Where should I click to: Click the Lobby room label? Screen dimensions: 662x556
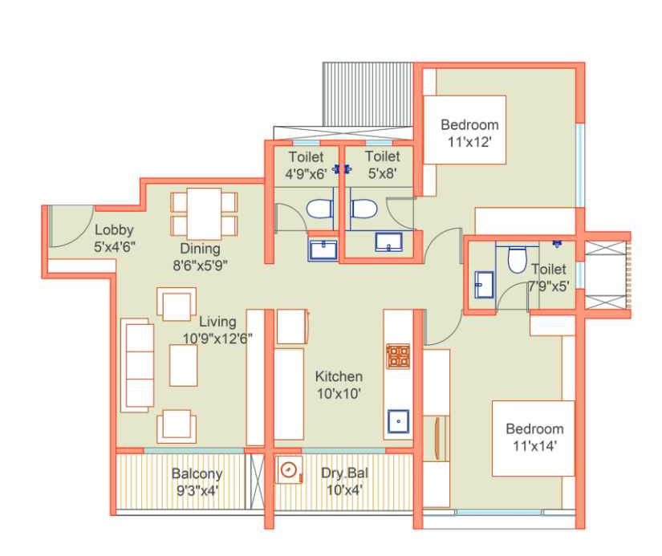click(x=114, y=229)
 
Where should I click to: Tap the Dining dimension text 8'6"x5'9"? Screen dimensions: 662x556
click(x=200, y=266)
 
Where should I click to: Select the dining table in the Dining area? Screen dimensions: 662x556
click(x=204, y=214)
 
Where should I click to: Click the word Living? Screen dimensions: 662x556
click(x=217, y=322)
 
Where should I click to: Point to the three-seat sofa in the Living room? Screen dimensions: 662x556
click(x=137, y=365)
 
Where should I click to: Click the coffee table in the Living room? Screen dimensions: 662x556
click(x=183, y=365)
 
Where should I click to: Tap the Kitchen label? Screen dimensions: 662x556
click(x=339, y=376)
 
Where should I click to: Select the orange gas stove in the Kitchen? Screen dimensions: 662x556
click(x=398, y=356)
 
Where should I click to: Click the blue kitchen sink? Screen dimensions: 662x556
click(x=399, y=421)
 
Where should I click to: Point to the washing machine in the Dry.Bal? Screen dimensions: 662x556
click(x=289, y=469)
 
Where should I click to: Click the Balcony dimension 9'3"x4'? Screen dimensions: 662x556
click(x=197, y=491)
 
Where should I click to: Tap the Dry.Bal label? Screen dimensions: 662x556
click(x=344, y=473)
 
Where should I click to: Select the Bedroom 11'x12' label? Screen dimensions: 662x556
click(x=469, y=133)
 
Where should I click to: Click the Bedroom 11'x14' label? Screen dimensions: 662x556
click(x=535, y=437)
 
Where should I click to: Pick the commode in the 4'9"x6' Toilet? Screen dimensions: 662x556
click(x=319, y=209)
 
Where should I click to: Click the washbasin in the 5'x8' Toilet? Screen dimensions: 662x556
click(x=389, y=242)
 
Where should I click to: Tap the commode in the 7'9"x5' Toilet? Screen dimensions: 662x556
click(x=518, y=260)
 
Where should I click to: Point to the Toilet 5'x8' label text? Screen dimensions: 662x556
click(x=383, y=164)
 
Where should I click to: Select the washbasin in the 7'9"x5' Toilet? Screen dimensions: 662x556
click(x=484, y=285)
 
